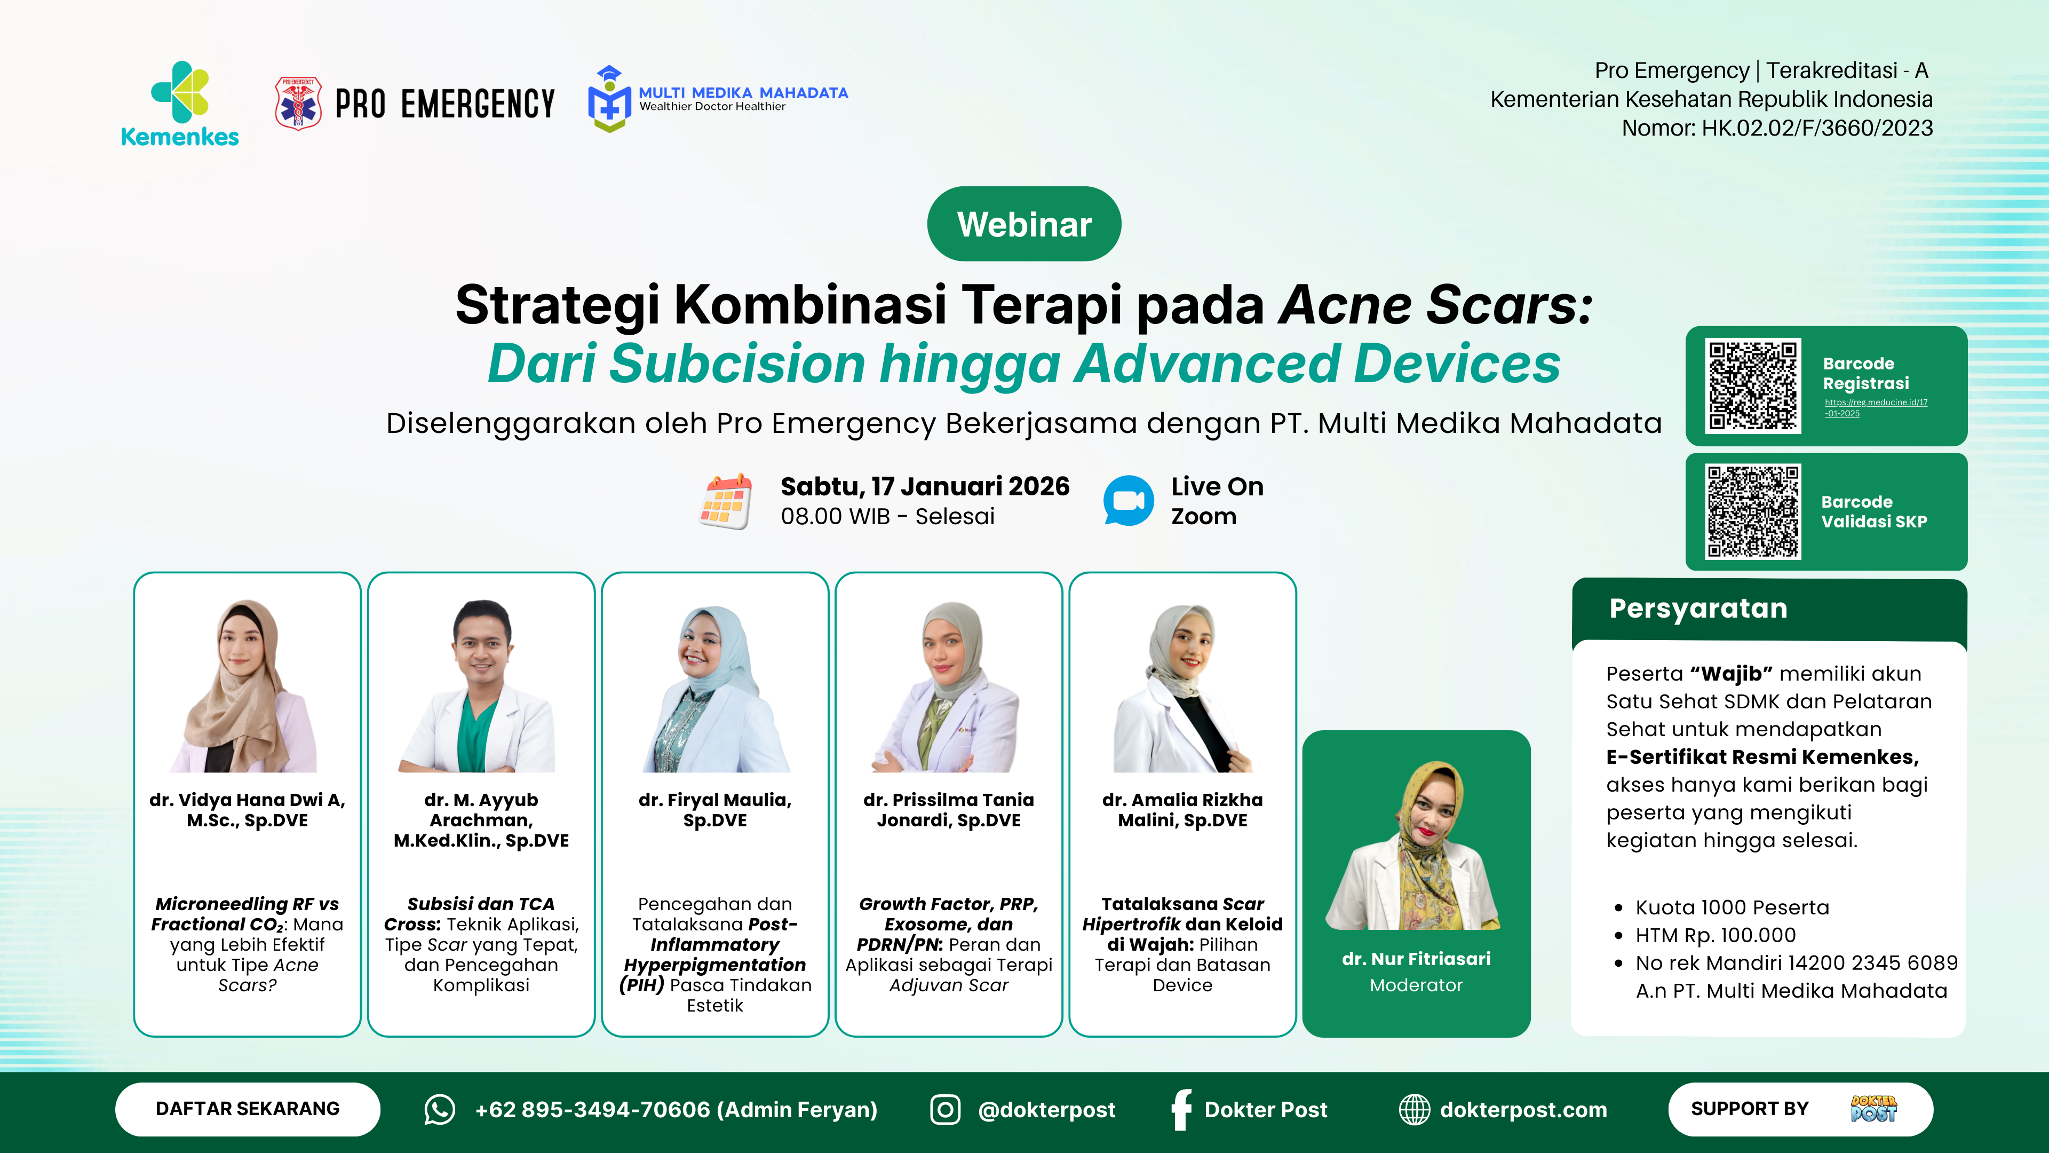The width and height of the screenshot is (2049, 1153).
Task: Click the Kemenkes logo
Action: [180, 104]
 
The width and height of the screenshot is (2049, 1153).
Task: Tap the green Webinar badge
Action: [1024, 224]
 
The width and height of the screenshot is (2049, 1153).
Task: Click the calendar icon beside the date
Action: [725, 501]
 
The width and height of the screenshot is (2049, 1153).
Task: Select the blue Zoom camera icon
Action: [1129, 501]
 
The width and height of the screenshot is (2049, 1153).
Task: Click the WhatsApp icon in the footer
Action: [439, 1109]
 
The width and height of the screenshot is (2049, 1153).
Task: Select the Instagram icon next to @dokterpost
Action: [945, 1109]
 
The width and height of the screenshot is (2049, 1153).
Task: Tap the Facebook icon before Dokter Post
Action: [1182, 1109]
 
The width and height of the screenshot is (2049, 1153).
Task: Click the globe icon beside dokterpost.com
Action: [1414, 1109]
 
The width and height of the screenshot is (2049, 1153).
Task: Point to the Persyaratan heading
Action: [1698, 608]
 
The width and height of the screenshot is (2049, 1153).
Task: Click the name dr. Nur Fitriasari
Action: [1416, 959]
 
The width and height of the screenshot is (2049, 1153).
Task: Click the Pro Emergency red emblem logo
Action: [298, 104]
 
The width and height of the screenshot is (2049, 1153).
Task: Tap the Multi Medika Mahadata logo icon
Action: [609, 99]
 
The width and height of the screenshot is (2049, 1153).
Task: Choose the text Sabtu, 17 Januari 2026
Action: [925, 486]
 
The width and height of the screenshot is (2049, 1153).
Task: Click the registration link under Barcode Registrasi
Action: [1876, 407]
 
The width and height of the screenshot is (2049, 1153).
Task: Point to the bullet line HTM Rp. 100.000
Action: [1716, 935]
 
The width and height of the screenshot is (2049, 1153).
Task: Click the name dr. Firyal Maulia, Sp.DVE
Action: [715, 810]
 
